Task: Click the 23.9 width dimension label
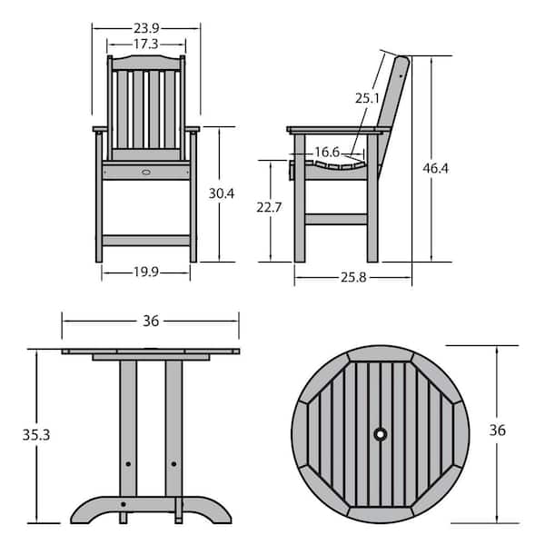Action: coord(146,28)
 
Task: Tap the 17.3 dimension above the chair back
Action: coord(146,45)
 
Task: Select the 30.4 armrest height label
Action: coord(222,193)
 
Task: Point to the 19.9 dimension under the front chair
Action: coord(146,272)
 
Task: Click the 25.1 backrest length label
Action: coord(367,98)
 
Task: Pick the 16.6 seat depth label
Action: coord(327,152)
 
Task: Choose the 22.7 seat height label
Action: coord(269,207)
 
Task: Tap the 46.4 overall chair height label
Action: coord(435,168)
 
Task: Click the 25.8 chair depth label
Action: coord(353,277)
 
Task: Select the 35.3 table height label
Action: coord(36,435)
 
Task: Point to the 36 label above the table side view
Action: coord(151,321)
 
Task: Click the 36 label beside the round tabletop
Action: coord(498,431)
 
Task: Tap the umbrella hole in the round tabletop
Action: coord(381,434)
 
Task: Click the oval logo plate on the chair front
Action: coord(146,172)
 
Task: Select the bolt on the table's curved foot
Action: coord(124,504)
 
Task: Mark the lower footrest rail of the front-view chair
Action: coord(146,241)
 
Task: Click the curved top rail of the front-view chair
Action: coord(146,63)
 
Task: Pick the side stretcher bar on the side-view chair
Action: coord(336,219)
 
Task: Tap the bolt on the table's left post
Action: coord(128,464)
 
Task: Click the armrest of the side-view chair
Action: coord(339,130)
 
